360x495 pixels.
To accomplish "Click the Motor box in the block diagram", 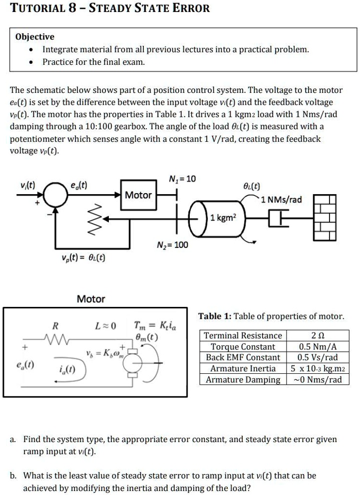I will coord(138,195).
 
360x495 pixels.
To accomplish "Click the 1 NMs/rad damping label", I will coord(283,200).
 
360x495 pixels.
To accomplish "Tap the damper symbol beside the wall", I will coord(279,218).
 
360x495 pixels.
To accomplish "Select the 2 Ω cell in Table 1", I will coord(317,335).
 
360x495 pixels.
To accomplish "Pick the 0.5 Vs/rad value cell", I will coord(317,357).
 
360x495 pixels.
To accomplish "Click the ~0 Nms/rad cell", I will coord(317,380).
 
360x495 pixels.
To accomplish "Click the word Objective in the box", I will coord(35,37).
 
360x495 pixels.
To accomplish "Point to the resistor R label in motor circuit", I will coord(55,327).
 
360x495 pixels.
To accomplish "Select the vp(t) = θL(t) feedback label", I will coord(80,257).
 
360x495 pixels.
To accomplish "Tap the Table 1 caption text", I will coord(271,316).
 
